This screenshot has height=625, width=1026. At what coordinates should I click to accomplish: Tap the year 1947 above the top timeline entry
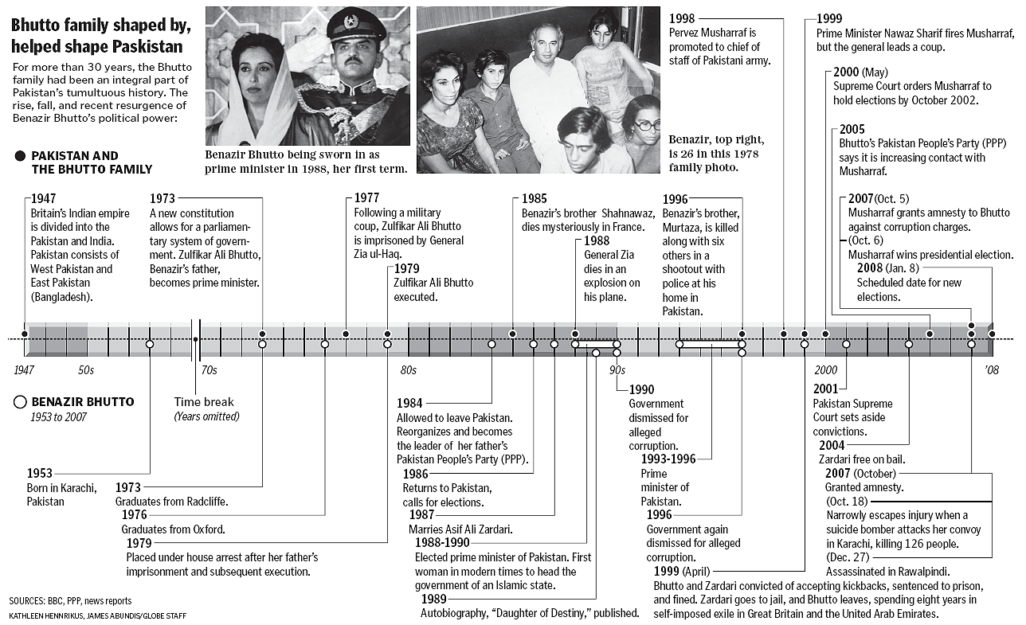(45, 198)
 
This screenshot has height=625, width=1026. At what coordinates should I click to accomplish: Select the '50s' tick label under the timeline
(86, 370)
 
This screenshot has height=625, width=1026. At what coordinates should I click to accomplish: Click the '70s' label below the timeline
(208, 370)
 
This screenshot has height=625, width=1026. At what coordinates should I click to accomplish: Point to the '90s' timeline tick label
(617, 370)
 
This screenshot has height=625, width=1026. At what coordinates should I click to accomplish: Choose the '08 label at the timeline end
(991, 370)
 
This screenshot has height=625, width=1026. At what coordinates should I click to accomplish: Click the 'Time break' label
(205, 402)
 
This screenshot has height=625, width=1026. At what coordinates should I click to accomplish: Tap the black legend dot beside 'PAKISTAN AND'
(20, 156)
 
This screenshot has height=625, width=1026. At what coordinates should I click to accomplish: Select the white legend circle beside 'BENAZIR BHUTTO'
(20, 402)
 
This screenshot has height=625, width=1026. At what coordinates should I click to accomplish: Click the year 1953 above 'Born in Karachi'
(39, 474)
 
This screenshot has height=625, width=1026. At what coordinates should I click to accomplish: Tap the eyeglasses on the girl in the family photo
(648, 125)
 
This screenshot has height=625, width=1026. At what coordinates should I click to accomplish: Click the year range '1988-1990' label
(441, 542)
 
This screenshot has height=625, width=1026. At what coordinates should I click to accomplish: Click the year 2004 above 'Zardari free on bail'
(832, 446)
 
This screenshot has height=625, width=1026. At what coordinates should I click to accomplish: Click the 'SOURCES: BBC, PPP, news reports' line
(70, 601)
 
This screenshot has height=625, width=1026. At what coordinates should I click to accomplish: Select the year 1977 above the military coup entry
(366, 198)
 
